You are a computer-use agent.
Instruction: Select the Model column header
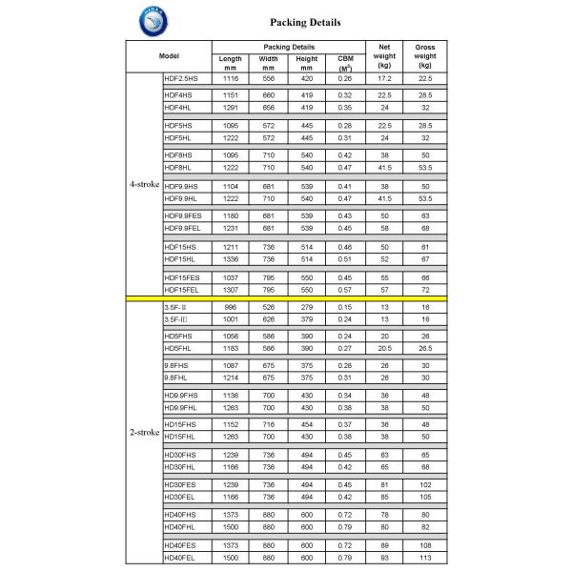(x=169, y=56)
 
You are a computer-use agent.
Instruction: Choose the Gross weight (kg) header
(x=424, y=55)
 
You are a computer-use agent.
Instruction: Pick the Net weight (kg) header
(x=385, y=55)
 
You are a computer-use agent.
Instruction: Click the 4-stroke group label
(x=144, y=184)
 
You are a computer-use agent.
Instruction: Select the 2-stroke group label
(x=144, y=432)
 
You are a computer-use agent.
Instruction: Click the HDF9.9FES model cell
(x=183, y=216)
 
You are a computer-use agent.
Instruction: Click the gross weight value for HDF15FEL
(x=424, y=289)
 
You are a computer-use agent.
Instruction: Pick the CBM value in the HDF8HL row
(x=345, y=166)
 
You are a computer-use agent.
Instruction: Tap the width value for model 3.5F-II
(x=268, y=306)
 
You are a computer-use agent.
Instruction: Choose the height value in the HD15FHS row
(x=306, y=423)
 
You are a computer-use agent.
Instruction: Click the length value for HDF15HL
(x=230, y=258)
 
